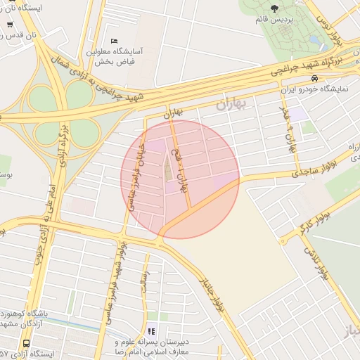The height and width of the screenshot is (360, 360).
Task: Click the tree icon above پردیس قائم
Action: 274,8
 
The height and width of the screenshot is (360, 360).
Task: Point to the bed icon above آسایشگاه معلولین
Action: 114,41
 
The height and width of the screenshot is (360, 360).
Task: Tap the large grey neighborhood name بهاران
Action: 233,105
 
